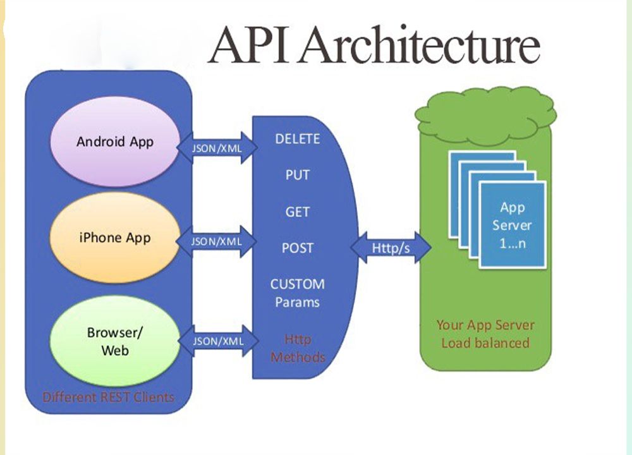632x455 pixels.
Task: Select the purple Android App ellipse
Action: tap(115, 141)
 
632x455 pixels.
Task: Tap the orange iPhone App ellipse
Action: tap(115, 238)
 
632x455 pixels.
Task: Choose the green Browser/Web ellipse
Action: tap(115, 341)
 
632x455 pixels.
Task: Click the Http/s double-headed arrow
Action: tap(391, 248)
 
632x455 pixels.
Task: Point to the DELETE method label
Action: tap(298, 139)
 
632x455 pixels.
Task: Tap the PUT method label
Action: tap(298, 175)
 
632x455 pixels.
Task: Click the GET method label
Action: tap(298, 212)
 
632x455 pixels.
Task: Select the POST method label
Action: tap(298, 248)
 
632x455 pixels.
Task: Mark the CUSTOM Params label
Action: tap(298, 293)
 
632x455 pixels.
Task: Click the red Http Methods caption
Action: tap(298, 348)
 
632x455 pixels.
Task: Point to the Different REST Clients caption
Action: tap(108, 397)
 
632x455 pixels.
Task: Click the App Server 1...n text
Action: tap(513, 225)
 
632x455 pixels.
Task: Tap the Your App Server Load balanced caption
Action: tap(485, 334)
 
